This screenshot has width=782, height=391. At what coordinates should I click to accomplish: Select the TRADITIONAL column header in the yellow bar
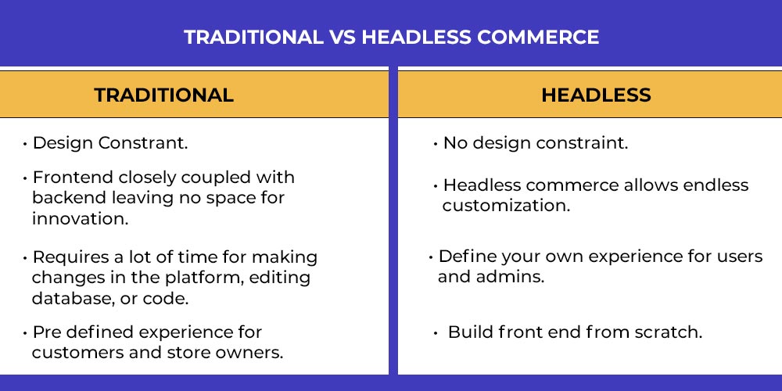coord(164,95)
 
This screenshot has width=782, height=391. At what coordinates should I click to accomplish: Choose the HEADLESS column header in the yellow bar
coord(596,95)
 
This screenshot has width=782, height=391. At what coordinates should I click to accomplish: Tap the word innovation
coord(81,219)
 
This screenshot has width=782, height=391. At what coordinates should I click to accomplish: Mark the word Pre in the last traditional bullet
coord(47,332)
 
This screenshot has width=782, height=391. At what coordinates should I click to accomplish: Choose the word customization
coord(506,206)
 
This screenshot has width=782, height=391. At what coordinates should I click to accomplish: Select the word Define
coord(468,256)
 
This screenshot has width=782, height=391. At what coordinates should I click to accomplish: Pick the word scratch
coord(669,332)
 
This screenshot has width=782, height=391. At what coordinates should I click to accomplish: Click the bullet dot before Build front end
coord(436,333)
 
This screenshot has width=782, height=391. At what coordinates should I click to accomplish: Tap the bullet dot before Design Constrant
coord(25,145)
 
